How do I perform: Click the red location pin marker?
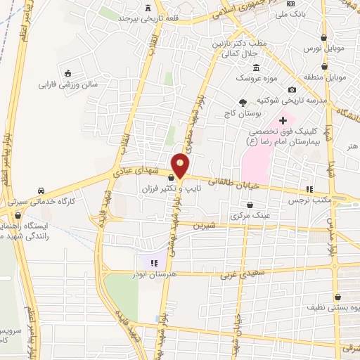(181, 165)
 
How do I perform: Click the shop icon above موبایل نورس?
(323, 38)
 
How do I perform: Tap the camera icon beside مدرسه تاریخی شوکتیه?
(292, 89)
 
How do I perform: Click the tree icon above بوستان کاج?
(243, 102)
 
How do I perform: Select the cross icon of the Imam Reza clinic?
(283, 121)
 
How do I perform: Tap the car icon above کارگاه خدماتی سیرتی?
(41, 191)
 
